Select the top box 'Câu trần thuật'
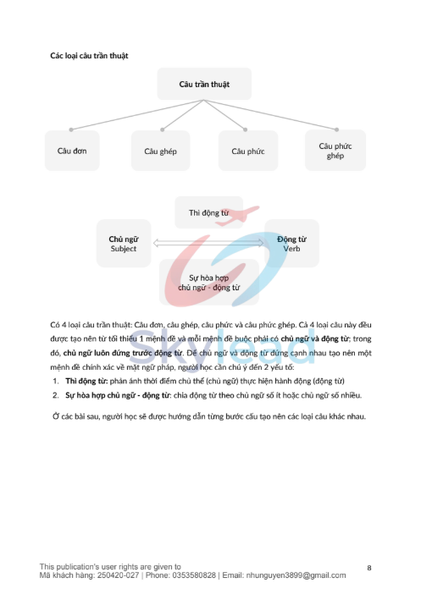tap(204, 85)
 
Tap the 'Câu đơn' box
tap(72, 151)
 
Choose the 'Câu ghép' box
tap(160, 151)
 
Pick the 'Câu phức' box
tap(248, 151)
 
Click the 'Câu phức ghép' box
tap(335, 151)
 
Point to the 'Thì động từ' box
tap(208, 212)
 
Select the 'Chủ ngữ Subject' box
tap(124, 244)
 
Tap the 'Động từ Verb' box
tap(291, 244)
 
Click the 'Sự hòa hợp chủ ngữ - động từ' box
tap(208, 282)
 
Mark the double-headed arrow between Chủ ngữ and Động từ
tap(208, 245)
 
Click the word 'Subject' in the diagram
tap(124, 250)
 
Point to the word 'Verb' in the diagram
tap(291, 250)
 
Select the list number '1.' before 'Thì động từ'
tap(55, 382)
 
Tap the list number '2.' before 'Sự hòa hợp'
tap(55, 394)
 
